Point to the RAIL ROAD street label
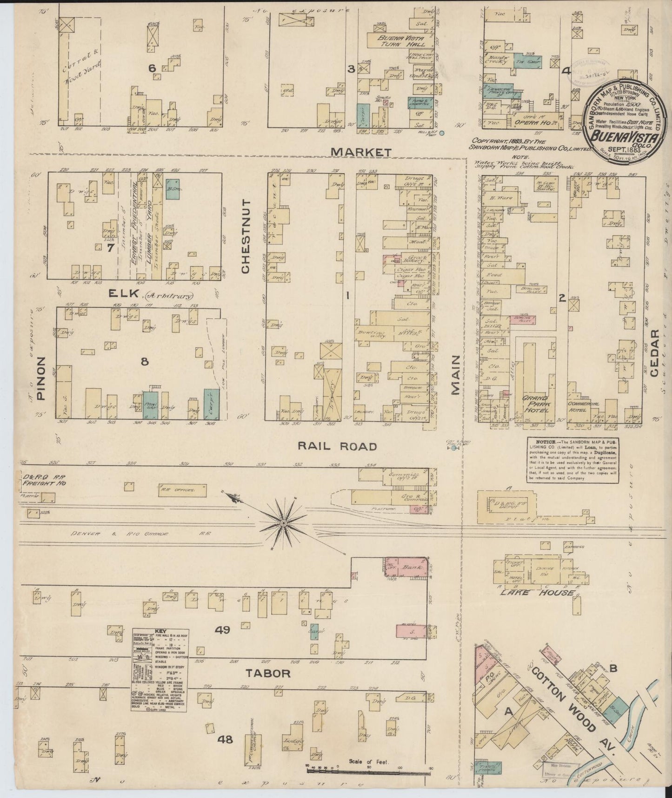coord(337,446)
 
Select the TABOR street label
coord(268,673)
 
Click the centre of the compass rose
coord(283,523)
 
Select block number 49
coord(222,630)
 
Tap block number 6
coord(152,68)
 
